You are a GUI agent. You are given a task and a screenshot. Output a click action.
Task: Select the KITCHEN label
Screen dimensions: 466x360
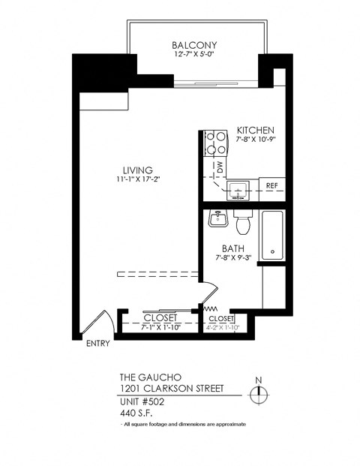256,129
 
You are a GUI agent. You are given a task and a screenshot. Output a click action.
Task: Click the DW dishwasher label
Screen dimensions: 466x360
220,167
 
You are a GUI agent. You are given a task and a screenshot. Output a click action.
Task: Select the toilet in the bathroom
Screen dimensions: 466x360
242,222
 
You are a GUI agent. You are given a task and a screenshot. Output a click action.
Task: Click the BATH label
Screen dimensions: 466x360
232,248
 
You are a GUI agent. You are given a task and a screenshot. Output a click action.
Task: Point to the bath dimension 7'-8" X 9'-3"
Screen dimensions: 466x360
232,259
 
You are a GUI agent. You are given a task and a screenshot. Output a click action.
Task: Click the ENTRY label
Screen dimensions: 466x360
98,344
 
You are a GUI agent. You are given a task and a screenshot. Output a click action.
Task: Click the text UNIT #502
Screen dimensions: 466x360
142,401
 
